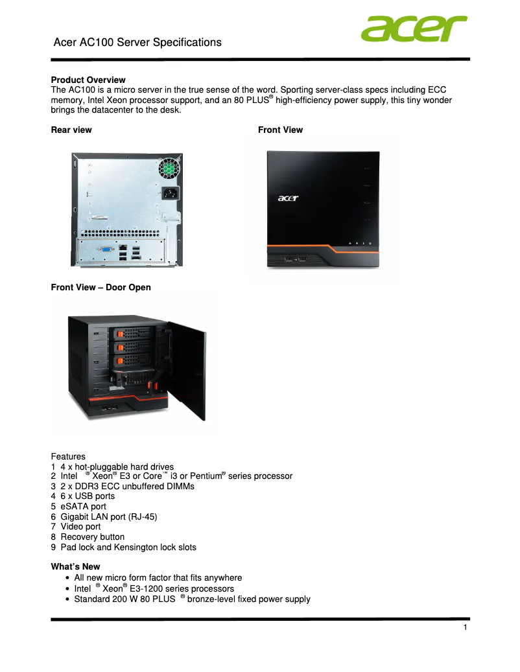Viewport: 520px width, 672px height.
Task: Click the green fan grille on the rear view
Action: point(169,168)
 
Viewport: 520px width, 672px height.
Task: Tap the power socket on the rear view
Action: point(170,194)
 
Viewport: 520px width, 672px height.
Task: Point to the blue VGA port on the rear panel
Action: point(104,249)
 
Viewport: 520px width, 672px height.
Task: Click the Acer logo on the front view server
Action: point(289,198)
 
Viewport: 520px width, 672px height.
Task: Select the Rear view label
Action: point(71,130)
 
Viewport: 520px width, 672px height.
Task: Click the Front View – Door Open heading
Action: point(100,288)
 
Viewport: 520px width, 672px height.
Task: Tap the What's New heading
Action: point(75,566)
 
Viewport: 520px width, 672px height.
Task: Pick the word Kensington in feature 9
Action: point(138,547)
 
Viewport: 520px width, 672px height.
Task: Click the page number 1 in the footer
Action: point(466,628)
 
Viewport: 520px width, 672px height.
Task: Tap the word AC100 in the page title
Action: point(96,43)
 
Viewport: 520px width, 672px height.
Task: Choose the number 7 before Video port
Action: point(53,527)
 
